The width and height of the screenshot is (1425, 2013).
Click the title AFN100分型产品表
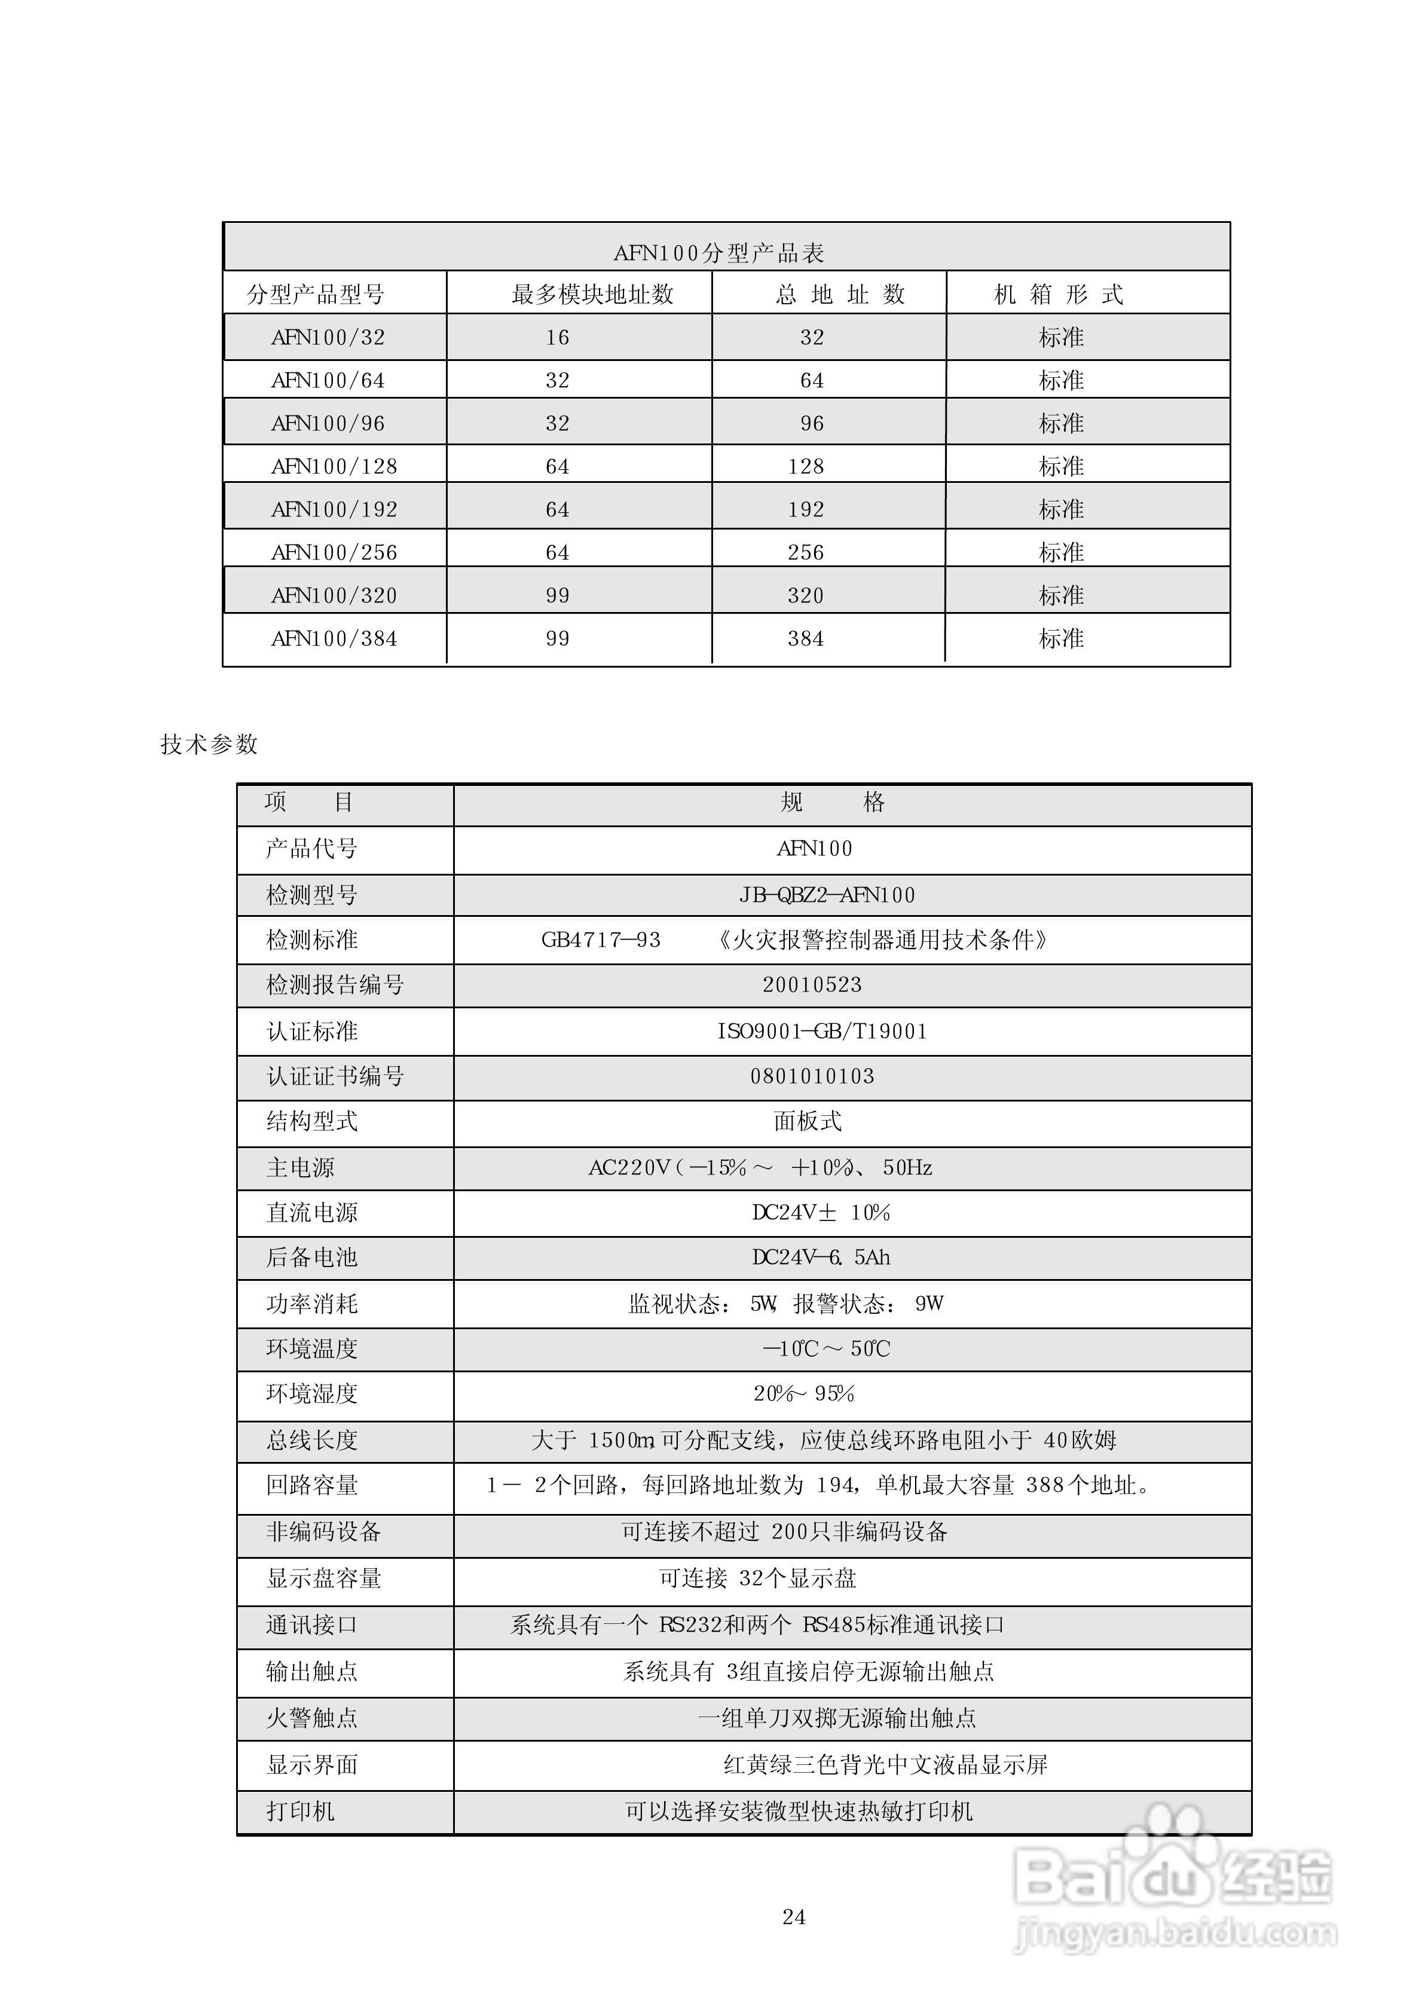pyautogui.click(x=718, y=253)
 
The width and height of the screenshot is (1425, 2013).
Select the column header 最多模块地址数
pyautogui.click(x=592, y=295)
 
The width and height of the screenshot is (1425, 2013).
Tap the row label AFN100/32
pyautogui.click(x=328, y=338)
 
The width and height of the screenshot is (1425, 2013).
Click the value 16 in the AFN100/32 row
pyautogui.click(x=557, y=338)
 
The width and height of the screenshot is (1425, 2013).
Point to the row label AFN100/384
pyautogui.click(x=334, y=638)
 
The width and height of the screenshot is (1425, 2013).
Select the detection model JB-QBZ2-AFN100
pyautogui.click(x=827, y=895)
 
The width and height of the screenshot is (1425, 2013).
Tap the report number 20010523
pyautogui.click(x=812, y=985)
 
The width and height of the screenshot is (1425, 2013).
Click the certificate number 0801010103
pyautogui.click(x=812, y=1076)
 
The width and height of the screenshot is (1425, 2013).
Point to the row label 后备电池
pyautogui.click(x=311, y=1258)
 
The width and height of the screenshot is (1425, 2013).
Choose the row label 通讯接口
pyautogui.click(x=311, y=1625)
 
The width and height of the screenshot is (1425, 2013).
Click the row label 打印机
pyautogui.click(x=300, y=1811)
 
